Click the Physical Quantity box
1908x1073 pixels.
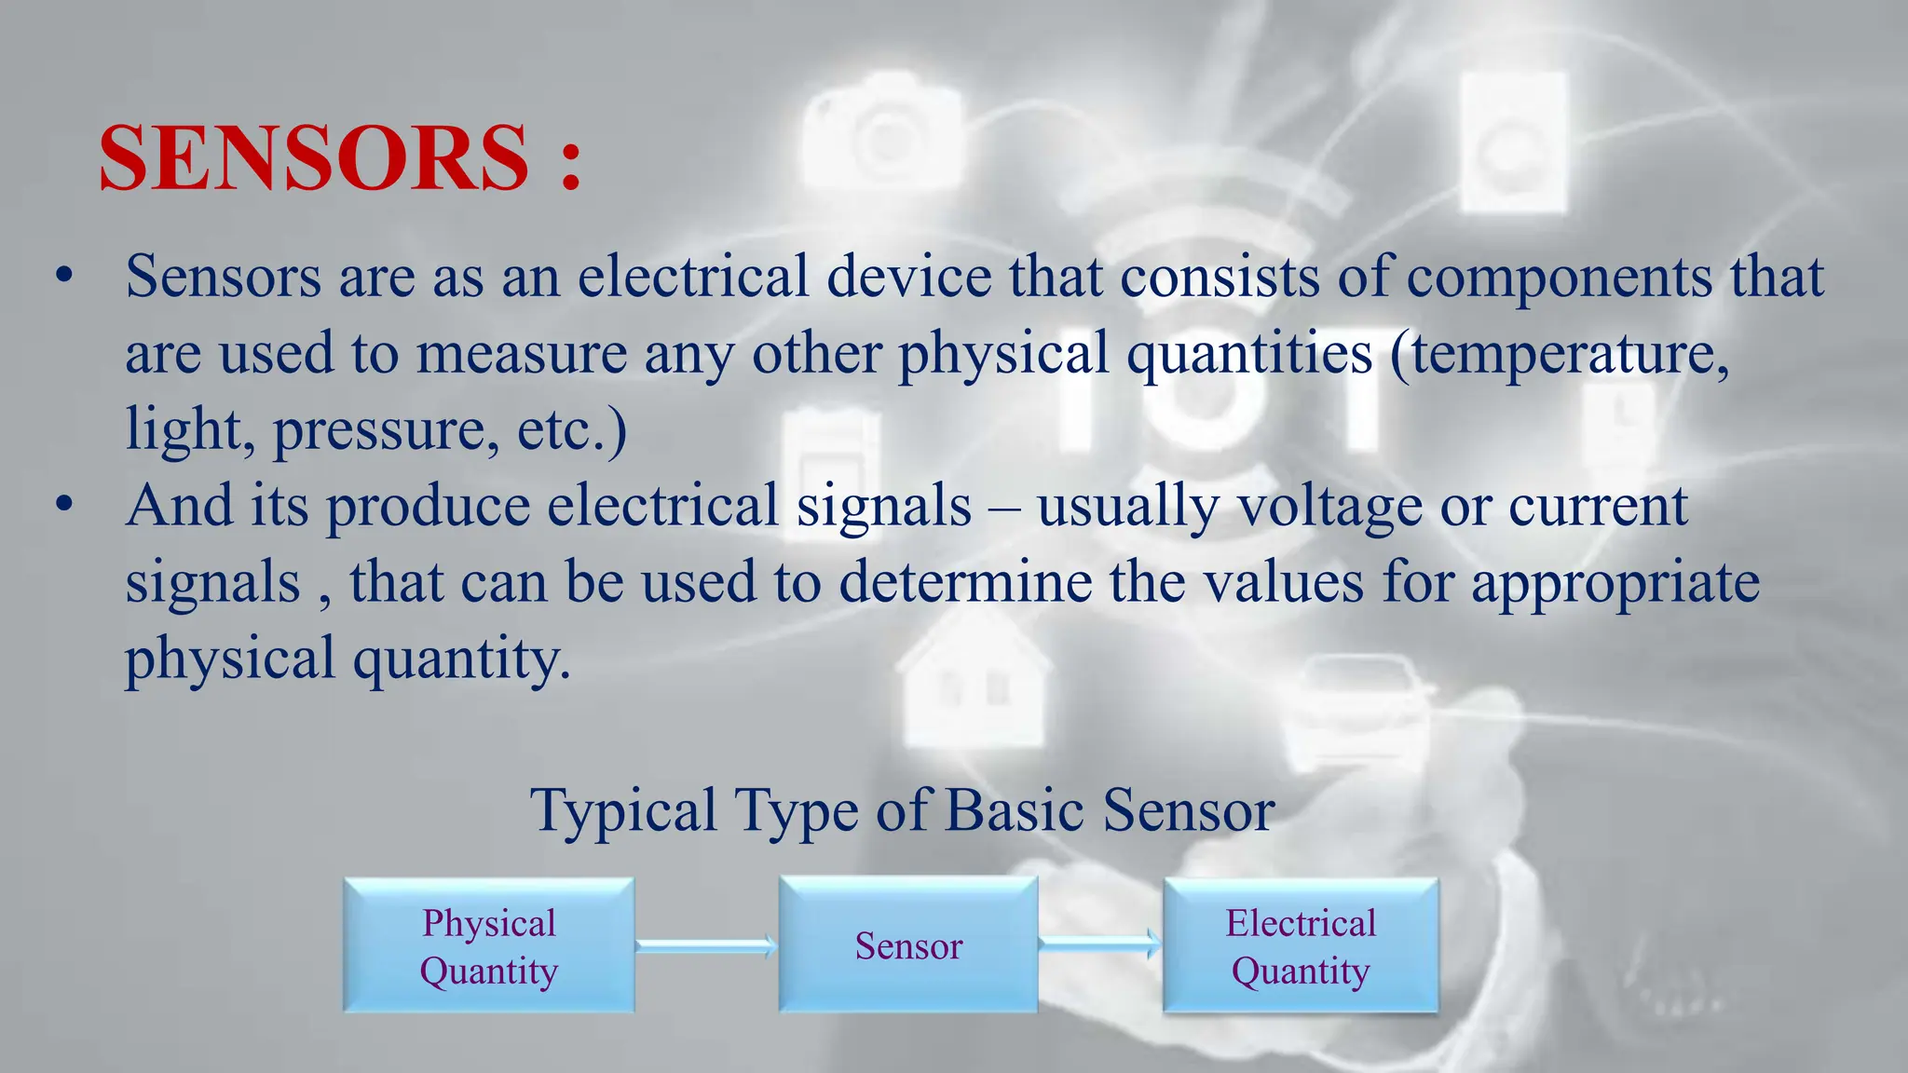(x=489, y=945)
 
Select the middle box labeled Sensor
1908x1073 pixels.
(x=908, y=945)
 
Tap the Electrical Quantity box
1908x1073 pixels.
(x=1301, y=945)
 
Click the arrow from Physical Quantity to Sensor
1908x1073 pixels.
(x=706, y=946)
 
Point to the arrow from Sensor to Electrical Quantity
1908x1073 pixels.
(x=1100, y=944)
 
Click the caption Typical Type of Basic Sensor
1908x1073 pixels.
(x=902, y=809)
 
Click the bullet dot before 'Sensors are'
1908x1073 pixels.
(x=63, y=277)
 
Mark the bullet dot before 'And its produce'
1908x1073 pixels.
(x=63, y=506)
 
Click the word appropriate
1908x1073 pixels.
(x=1616, y=584)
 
